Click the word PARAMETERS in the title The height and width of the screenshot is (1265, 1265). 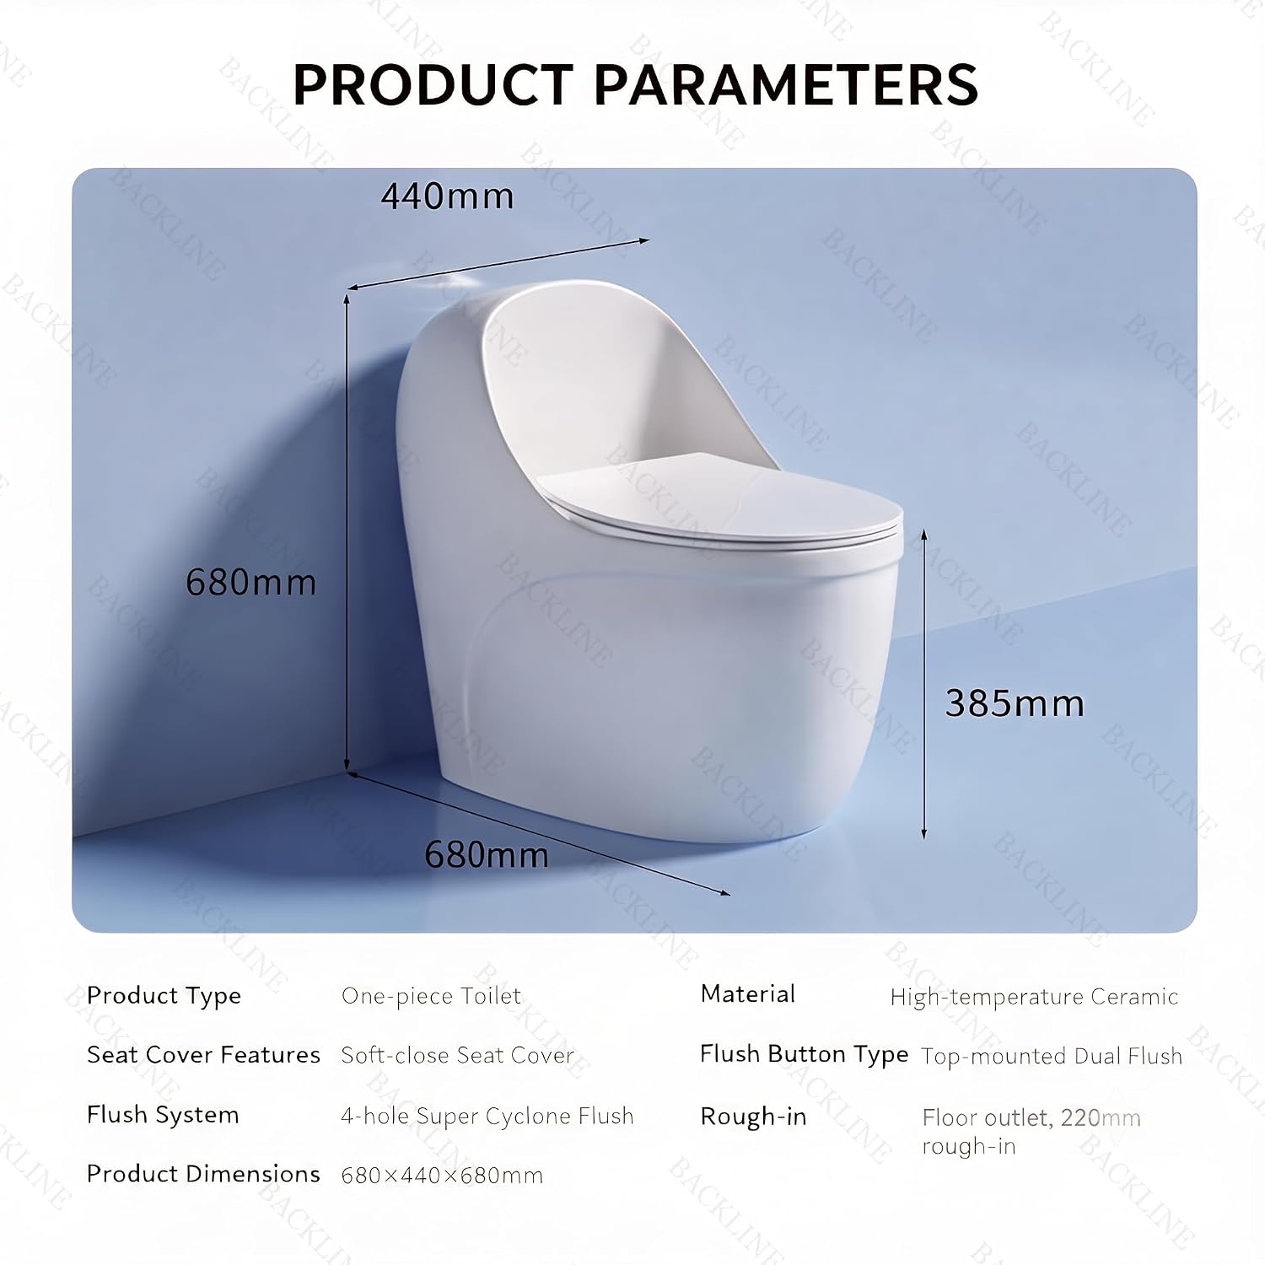786,84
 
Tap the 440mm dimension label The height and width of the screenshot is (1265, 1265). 447,196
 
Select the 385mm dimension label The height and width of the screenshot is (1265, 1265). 1015,703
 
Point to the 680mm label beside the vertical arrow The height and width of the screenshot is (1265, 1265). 251,583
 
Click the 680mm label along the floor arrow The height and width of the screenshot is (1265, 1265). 487,855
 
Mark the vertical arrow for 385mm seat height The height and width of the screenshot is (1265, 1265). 924,684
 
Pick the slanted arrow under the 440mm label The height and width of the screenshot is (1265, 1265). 498,264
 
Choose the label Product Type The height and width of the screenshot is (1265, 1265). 164,996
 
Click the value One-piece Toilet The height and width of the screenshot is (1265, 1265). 431,996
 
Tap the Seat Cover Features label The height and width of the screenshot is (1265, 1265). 203,1055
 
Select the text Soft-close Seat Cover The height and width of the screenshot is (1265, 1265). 457,1055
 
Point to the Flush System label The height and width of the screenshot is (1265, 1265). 163,1115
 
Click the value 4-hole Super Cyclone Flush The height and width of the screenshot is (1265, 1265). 487,1116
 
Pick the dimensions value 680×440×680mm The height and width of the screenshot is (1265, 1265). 442,1175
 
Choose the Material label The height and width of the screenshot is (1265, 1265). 748,994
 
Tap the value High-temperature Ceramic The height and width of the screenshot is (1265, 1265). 1034,997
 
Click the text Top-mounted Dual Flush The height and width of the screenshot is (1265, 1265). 1052,1056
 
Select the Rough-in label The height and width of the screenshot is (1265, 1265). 753,1117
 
